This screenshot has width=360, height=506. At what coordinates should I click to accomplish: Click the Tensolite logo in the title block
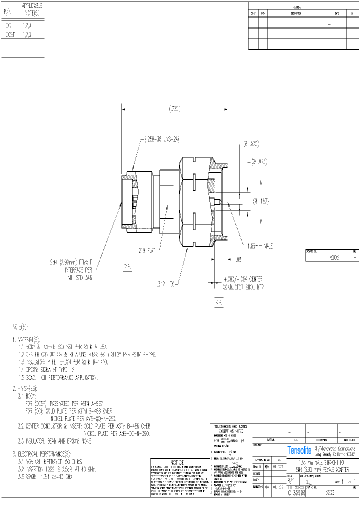(299, 450)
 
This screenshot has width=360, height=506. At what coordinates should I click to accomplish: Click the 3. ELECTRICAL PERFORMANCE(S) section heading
(40, 454)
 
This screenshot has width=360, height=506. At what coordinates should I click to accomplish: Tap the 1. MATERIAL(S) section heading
(28, 338)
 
